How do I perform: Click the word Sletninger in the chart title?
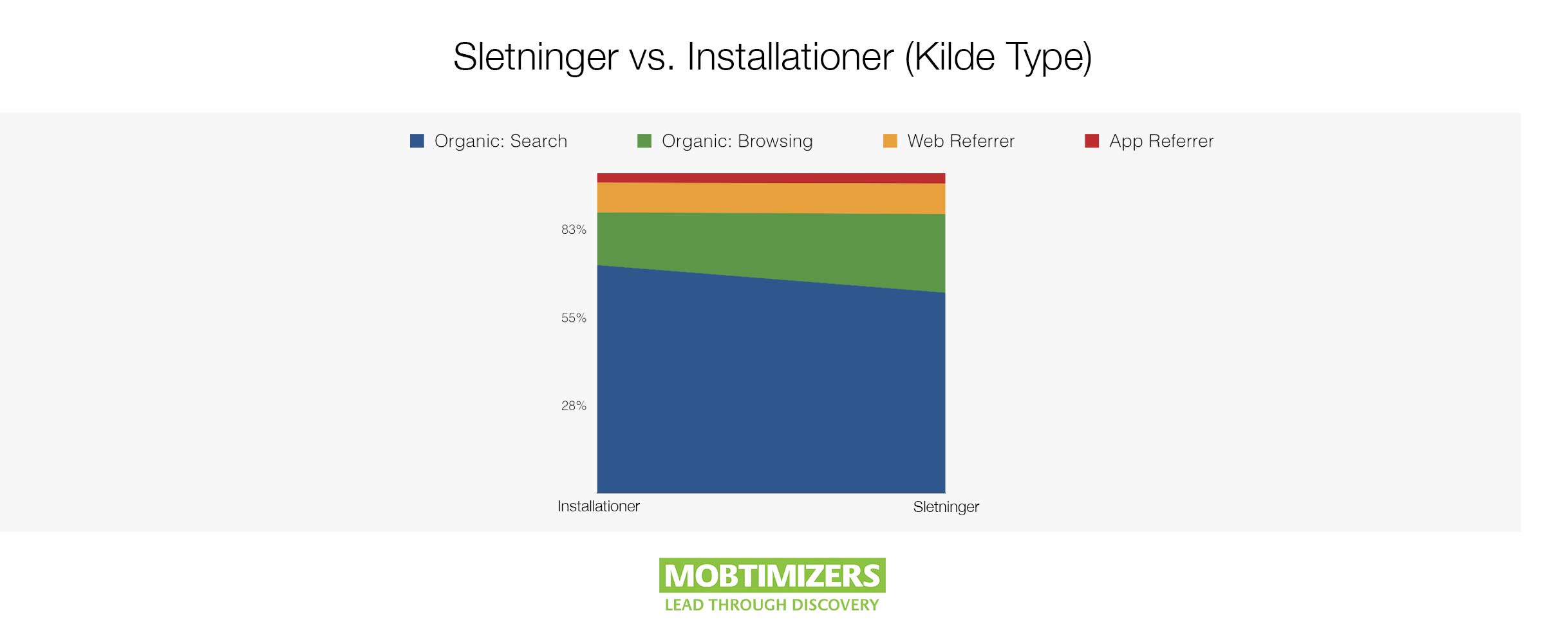tap(536, 57)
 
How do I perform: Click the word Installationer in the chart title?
tap(790, 57)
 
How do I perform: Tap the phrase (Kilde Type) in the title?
tap(998, 58)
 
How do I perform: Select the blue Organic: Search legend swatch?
tap(417, 141)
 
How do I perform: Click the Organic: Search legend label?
tap(500, 141)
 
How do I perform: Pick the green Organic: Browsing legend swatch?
tap(644, 141)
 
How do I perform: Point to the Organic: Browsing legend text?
tap(737, 141)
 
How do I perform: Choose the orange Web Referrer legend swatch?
tap(890, 141)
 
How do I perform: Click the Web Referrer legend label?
tap(960, 141)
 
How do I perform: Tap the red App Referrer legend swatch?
tap(1092, 141)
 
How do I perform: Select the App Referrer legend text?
tap(1161, 141)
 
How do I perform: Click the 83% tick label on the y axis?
tap(574, 230)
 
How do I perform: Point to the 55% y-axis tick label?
tap(574, 318)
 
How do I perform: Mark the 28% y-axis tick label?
tap(574, 406)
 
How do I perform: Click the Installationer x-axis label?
tap(599, 506)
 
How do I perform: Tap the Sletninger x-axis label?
tap(946, 507)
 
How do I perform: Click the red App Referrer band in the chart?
tap(771, 178)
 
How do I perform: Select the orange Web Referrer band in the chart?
tap(771, 198)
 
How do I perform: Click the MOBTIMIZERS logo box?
tap(772, 575)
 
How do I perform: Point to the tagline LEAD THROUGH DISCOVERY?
tap(772, 605)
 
